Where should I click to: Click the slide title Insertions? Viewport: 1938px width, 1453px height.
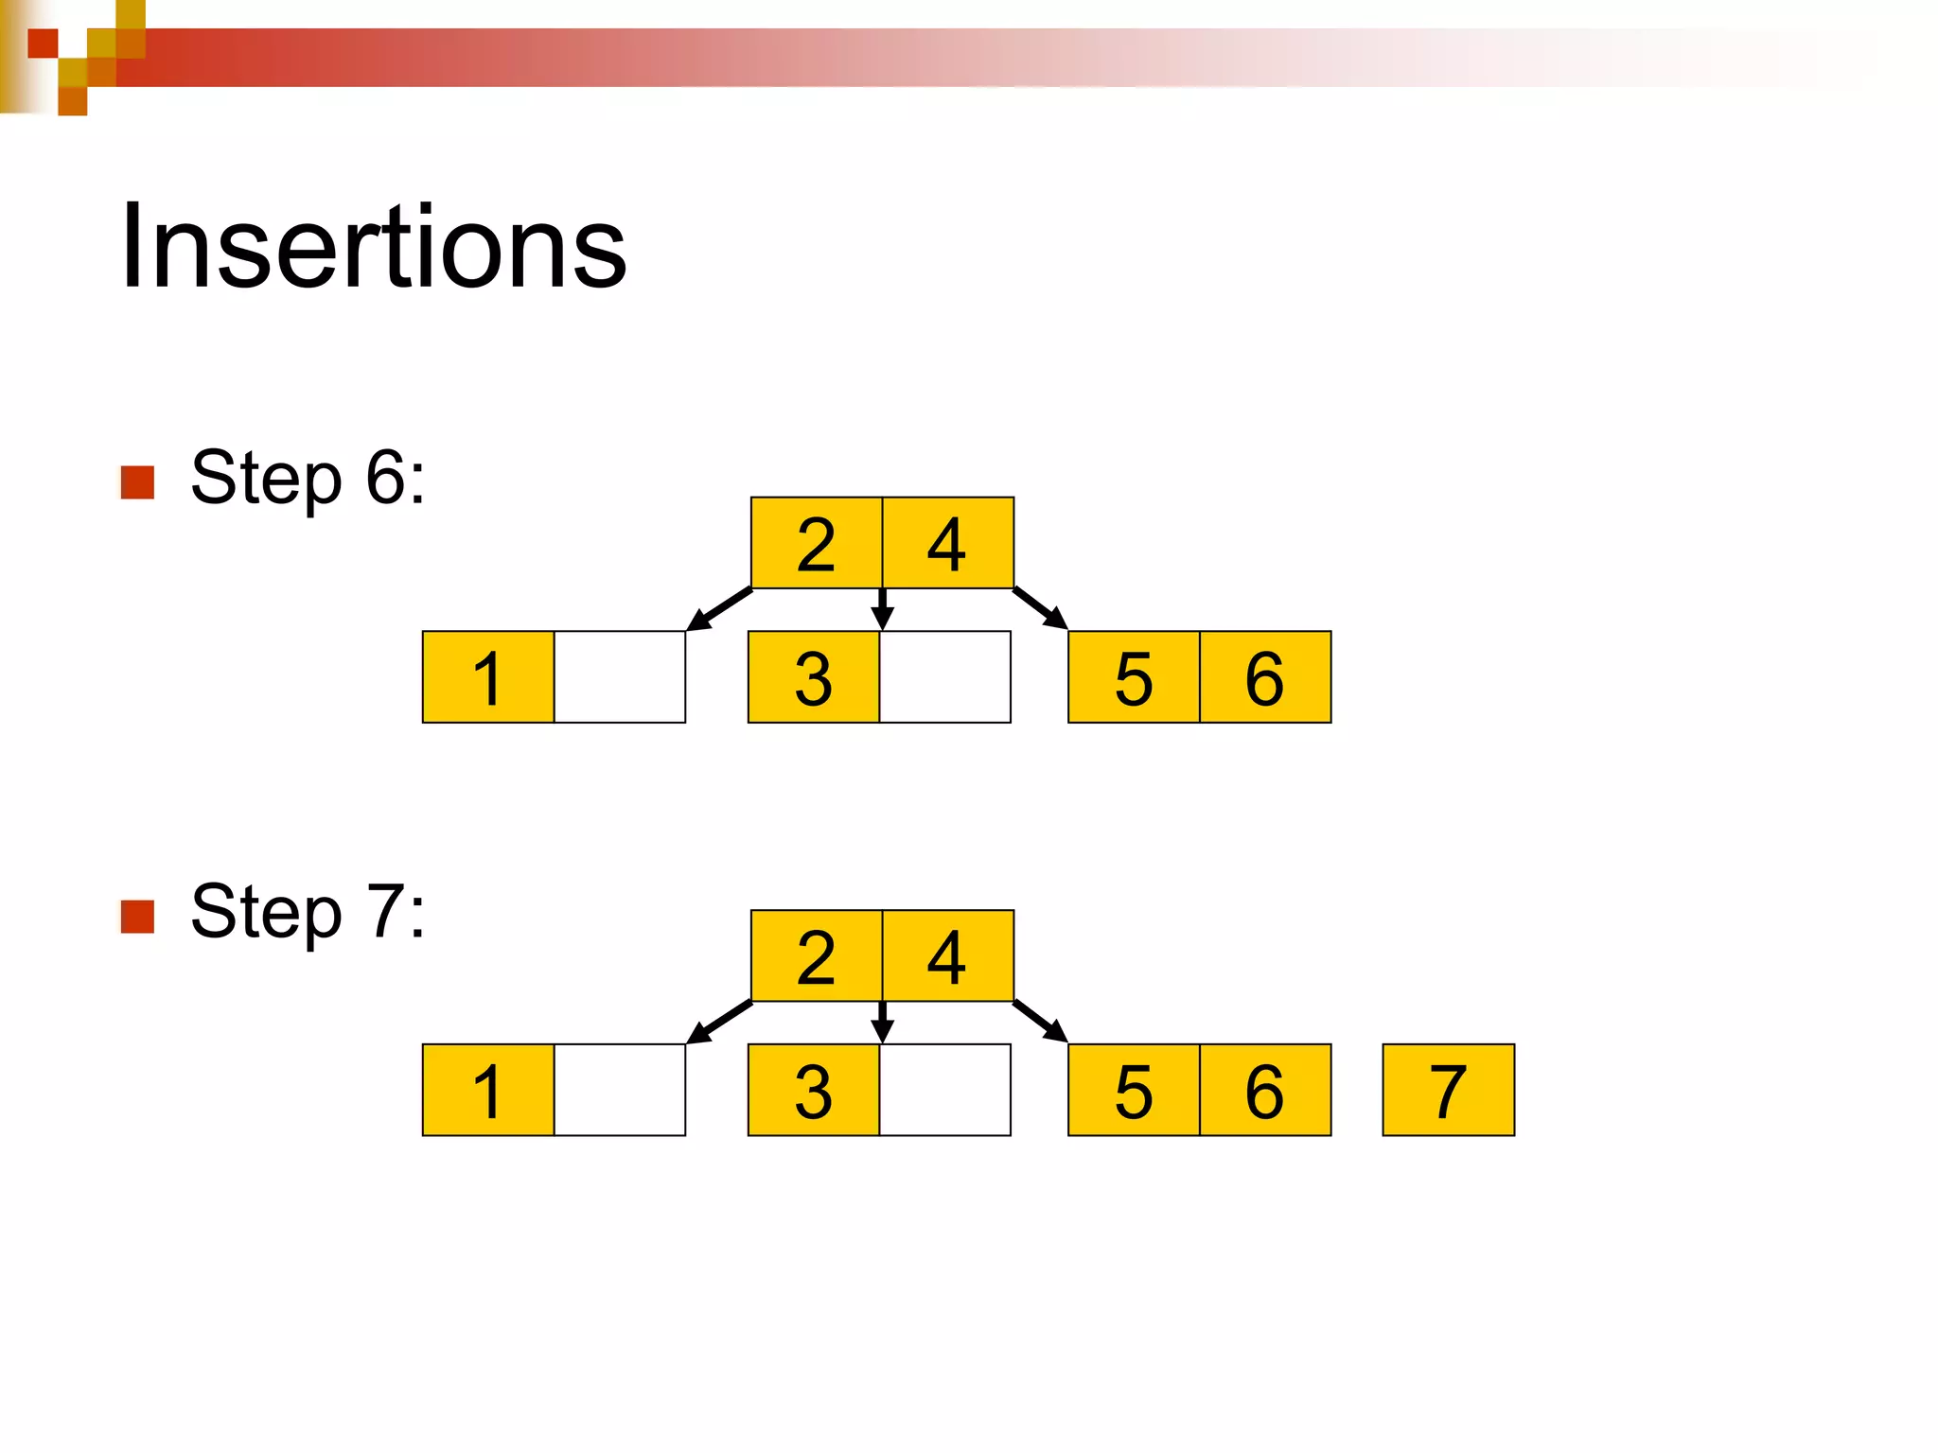[x=373, y=247]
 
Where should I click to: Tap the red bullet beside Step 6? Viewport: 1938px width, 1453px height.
[x=138, y=482]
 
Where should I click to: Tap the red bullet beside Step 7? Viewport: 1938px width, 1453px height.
[x=138, y=916]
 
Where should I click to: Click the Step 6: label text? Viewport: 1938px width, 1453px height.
[x=308, y=478]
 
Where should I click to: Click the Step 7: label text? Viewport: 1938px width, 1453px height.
[x=308, y=911]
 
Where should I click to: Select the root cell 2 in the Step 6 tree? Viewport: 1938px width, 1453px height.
[x=817, y=543]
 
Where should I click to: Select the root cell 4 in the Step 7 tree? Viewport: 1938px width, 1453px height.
[x=948, y=956]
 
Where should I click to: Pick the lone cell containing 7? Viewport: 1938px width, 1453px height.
[x=1449, y=1090]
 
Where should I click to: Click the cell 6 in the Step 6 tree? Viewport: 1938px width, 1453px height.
[x=1265, y=677]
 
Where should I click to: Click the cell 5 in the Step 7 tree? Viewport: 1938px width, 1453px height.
[x=1134, y=1090]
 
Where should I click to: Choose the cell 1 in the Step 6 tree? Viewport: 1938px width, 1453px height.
[x=488, y=677]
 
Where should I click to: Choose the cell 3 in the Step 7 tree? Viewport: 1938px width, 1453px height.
[x=814, y=1090]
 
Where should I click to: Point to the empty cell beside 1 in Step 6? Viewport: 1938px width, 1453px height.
[x=620, y=677]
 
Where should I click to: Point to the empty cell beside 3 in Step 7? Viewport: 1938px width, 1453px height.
[x=945, y=1090]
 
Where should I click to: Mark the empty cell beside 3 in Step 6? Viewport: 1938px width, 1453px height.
[x=945, y=677]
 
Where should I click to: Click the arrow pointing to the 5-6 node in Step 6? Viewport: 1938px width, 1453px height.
[x=1040, y=608]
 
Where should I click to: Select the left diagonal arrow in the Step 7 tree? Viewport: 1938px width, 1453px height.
[x=719, y=1022]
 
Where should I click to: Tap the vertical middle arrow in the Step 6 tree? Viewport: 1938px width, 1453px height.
[x=883, y=609]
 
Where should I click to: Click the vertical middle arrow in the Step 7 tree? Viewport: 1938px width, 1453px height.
[x=883, y=1022]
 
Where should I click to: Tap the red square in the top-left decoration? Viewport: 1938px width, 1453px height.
[x=43, y=44]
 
